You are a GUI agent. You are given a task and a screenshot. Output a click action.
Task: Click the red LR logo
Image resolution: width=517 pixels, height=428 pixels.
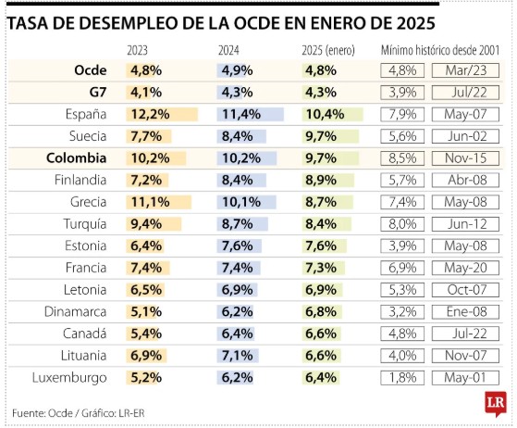coord(496,404)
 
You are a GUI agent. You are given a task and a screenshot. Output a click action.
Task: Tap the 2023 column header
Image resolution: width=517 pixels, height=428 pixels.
coord(137,51)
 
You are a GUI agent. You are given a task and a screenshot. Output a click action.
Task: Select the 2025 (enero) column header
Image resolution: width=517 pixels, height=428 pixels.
coord(328,51)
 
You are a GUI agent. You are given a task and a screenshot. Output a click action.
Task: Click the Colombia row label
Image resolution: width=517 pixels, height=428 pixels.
coord(77,157)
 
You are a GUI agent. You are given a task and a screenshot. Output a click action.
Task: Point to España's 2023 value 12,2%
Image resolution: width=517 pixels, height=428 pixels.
coord(151,114)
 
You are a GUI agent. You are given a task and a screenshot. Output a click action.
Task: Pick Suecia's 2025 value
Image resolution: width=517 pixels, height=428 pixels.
coord(321,136)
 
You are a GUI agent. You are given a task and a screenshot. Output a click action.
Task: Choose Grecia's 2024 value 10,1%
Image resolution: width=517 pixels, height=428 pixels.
coord(241,202)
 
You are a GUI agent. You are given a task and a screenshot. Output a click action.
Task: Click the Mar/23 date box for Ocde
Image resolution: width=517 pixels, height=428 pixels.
coord(465,70)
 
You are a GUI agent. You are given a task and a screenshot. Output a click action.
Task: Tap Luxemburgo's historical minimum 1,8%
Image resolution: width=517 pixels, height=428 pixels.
coord(402,377)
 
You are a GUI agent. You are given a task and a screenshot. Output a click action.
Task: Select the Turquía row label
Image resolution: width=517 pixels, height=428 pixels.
coord(85,224)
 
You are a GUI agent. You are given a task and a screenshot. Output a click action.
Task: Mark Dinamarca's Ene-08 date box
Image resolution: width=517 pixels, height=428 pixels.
coord(465,312)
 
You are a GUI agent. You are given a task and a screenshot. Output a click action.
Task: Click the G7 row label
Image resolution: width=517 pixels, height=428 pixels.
coord(98,92)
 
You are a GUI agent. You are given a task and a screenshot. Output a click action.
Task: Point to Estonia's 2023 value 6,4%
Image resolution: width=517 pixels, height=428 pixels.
coord(146,245)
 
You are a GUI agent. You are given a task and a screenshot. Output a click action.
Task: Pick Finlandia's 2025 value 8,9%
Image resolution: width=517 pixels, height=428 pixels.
coord(321,180)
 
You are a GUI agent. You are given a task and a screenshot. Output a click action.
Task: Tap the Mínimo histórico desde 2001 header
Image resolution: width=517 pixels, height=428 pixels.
coord(440,51)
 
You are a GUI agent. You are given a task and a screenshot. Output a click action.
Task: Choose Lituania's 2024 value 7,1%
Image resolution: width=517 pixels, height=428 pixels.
coord(238,356)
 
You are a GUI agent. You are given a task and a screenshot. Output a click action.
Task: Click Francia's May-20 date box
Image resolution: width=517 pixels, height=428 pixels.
coord(465,268)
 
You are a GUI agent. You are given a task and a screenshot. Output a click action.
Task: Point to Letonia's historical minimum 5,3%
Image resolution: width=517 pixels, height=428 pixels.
coord(402,290)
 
